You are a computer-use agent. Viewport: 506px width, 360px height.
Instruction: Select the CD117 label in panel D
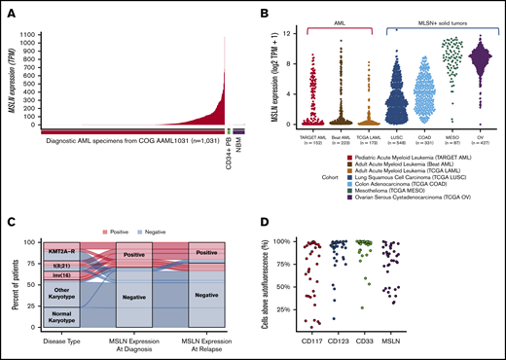pyautogui.click(x=313, y=342)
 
